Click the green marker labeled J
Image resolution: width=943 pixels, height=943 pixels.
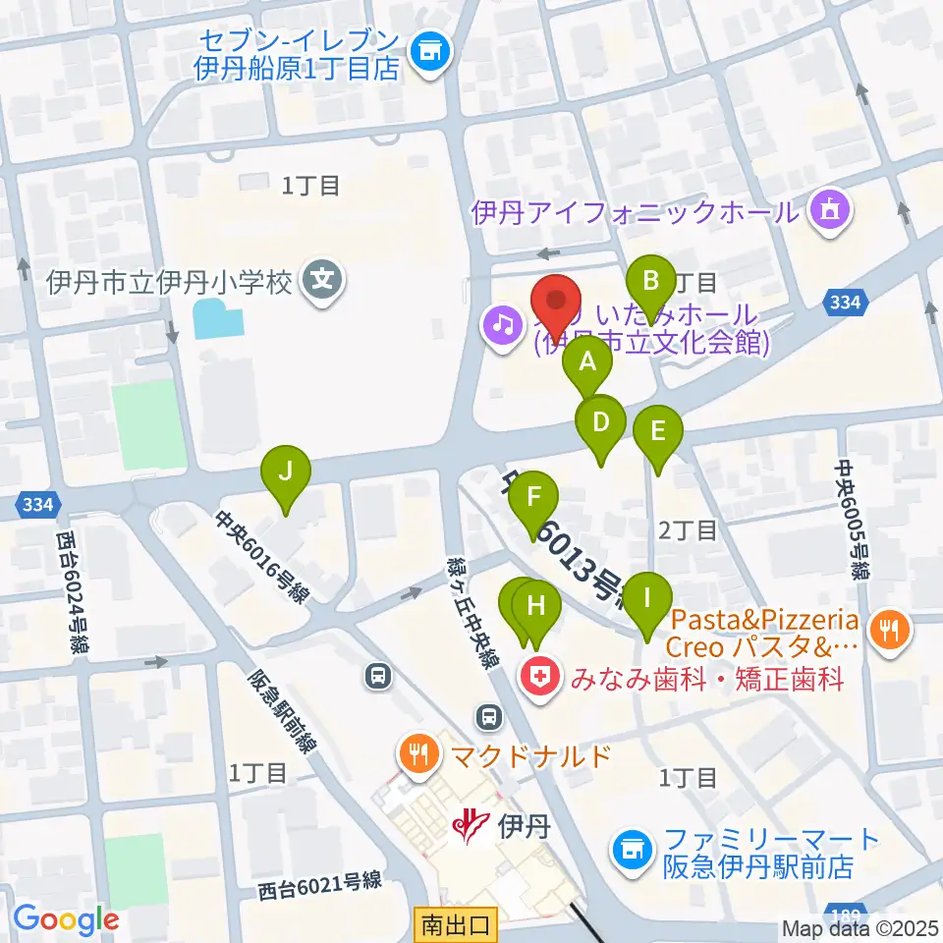point(285,471)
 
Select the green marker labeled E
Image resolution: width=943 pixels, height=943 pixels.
point(657,431)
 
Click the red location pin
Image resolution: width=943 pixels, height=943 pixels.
point(556,304)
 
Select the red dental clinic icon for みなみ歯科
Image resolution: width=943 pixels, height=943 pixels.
point(538,678)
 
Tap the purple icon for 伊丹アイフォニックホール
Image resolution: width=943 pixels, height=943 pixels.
point(829,210)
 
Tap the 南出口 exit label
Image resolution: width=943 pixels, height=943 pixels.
point(457,924)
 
